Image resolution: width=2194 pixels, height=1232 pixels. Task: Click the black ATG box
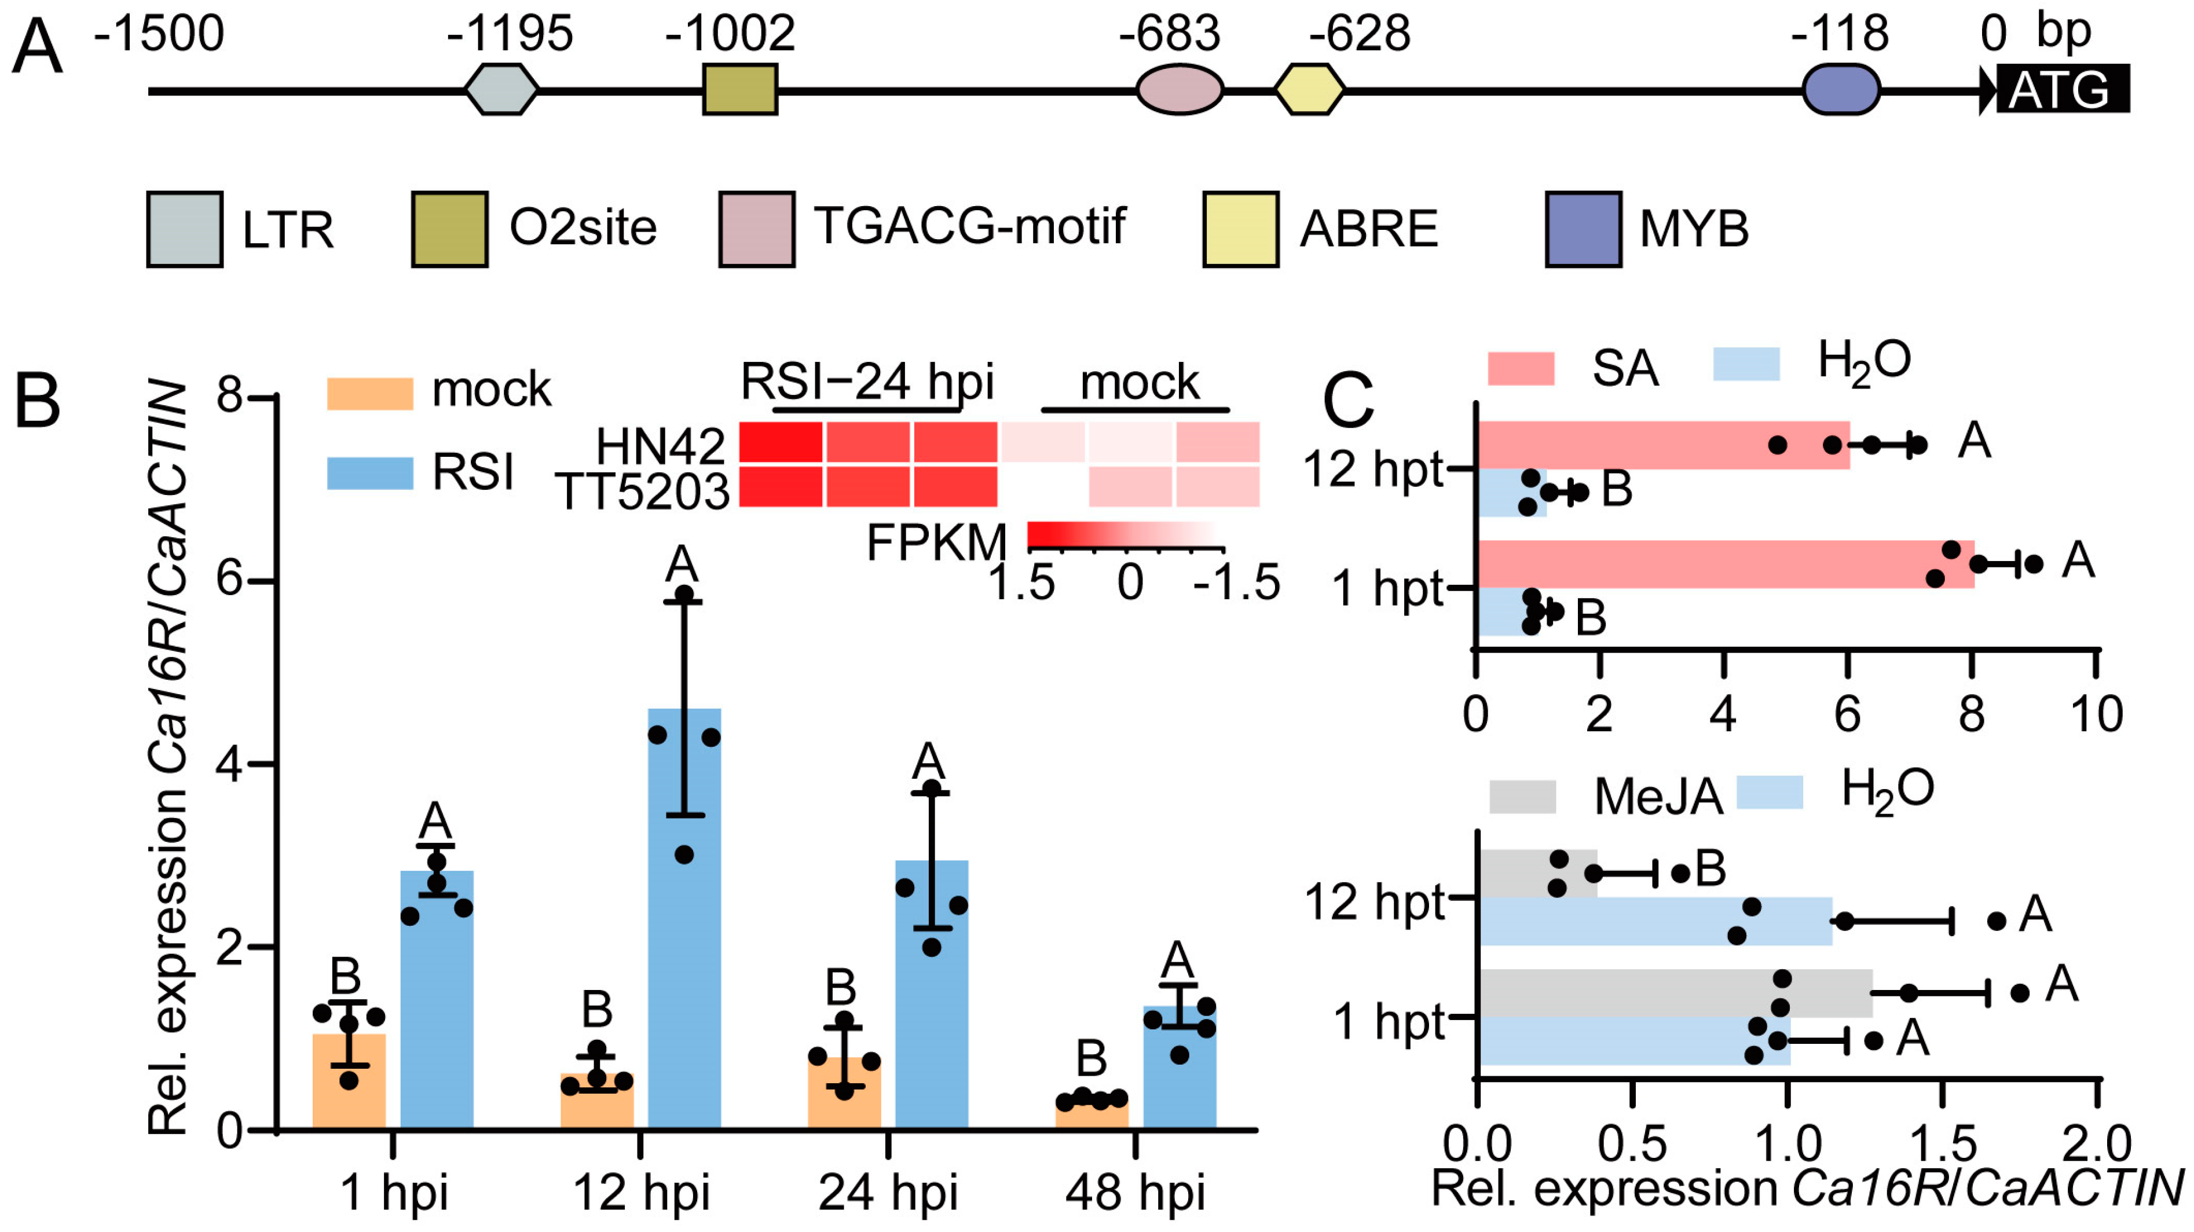pyautogui.click(x=2061, y=89)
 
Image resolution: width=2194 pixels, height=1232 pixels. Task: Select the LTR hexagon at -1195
pyautogui.click(x=501, y=89)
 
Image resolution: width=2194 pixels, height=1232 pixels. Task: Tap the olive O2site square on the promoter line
pyautogui.click(x=739, y=89)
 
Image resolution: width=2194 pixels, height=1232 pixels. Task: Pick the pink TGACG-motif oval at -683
pyautogui.click(x=1180, y=89)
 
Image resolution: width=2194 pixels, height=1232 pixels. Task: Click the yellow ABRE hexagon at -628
pyautogui.click(x=1309, y=89)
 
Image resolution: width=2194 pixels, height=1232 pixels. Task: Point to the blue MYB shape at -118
pyautogui.click(x=1841, y=89)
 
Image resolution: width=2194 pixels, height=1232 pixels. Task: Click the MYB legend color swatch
pyautogui.click(x=1583, y=230)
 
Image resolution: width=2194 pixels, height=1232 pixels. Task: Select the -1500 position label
pyautogui.click(x=159, y=34)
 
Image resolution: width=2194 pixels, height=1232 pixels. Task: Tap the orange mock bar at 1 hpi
pyautogui.click(x=349, y=1081)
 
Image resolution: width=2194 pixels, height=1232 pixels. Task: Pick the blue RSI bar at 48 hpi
pyautogui.click(x=1180, y=1069)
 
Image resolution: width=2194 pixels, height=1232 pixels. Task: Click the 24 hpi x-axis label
pyautogui.click(x=888, y=1192)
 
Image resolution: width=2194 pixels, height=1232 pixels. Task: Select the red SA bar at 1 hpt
pyautogui.click(x=1725, y=564)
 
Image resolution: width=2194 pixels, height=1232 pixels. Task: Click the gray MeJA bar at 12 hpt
pyautogui.click(x=1537, y=872)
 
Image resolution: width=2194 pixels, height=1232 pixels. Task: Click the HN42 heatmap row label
pyautogui.click(x=660, y=445)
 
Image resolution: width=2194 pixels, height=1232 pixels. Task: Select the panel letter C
pyautogui.click(x=1347, y=402)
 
